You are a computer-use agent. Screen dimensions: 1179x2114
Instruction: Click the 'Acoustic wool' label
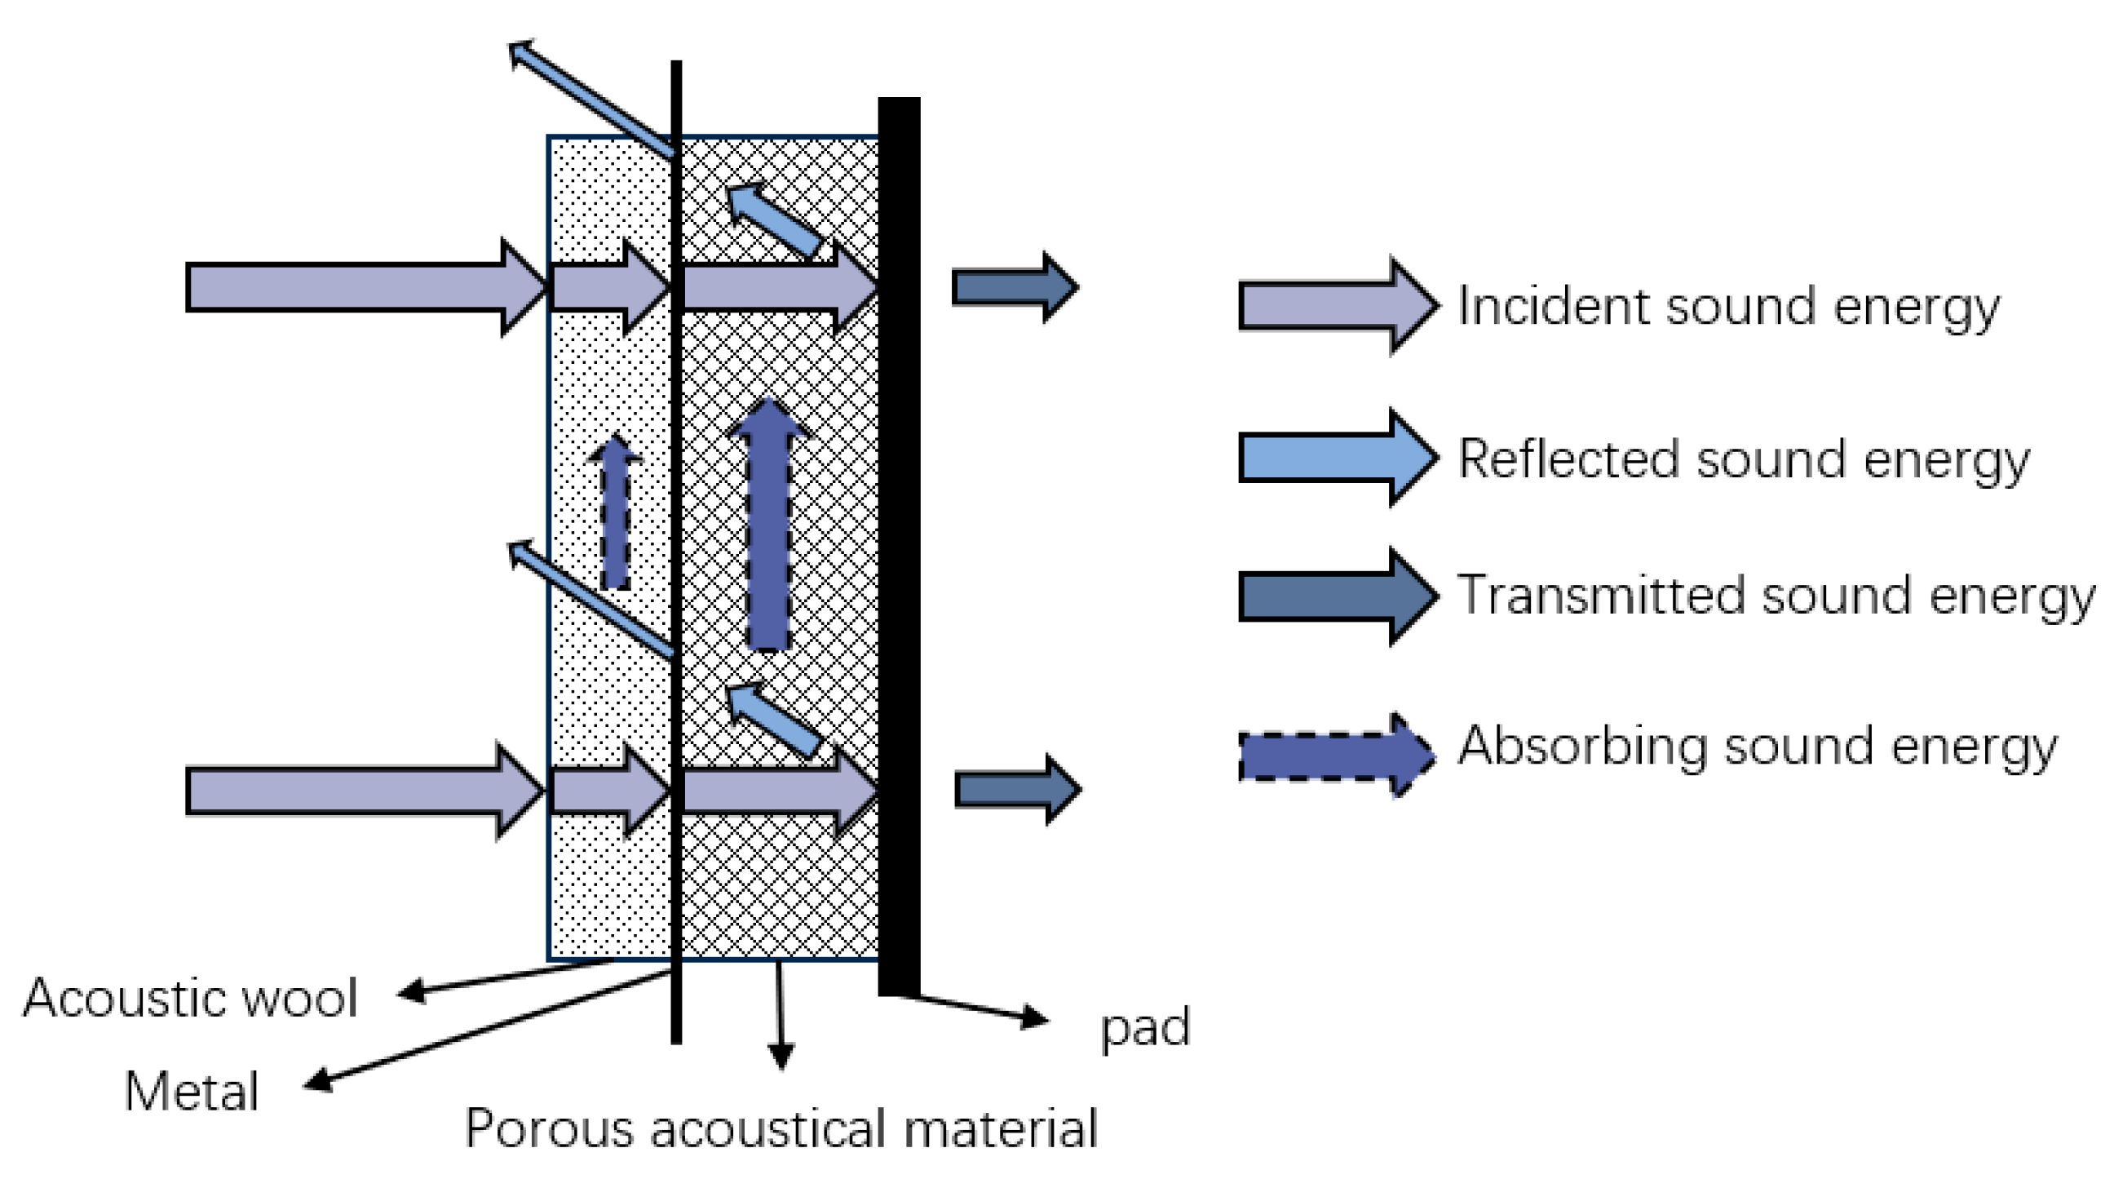click(x=190, y=999)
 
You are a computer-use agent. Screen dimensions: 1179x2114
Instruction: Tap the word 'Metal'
click(x=191, y=1092)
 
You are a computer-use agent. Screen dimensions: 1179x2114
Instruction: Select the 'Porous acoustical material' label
click(x=781, y=1128)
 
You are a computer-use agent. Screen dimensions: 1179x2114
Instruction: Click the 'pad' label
click(x=1145, y=1027)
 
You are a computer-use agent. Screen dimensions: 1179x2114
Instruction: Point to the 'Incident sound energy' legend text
click(x=1727, y=307)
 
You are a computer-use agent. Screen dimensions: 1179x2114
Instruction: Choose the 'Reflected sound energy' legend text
click(x=1742, y=459)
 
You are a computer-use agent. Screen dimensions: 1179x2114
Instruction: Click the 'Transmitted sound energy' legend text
click(x=1775, y=596)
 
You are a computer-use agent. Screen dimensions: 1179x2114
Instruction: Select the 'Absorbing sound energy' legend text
click(x=1757, y=747)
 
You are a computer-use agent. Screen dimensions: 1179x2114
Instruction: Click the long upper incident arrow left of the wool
click(x=361, y=287)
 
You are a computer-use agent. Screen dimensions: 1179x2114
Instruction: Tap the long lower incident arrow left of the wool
click(x=361, y=791)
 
